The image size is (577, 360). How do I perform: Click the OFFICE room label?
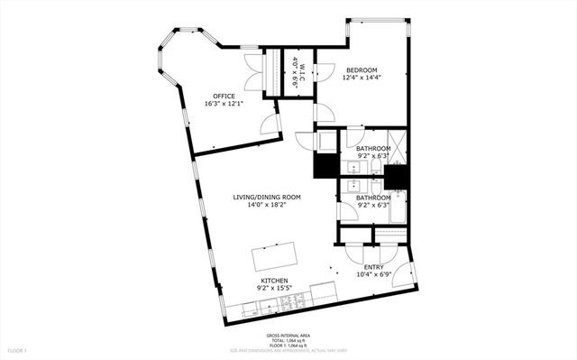[224, 96]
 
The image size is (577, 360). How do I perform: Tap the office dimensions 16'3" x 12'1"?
[223, 104]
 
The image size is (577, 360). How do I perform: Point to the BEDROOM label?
[362, 69]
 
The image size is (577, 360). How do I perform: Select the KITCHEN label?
[274, 282]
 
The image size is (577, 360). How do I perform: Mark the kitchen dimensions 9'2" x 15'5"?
[274, 290]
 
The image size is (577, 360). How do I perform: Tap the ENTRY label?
[373, 267]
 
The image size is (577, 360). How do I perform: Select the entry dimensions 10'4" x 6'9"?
[373, 275]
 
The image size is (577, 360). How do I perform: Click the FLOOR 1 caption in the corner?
[18, 349]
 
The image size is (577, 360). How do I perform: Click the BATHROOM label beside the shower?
[372, 148]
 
